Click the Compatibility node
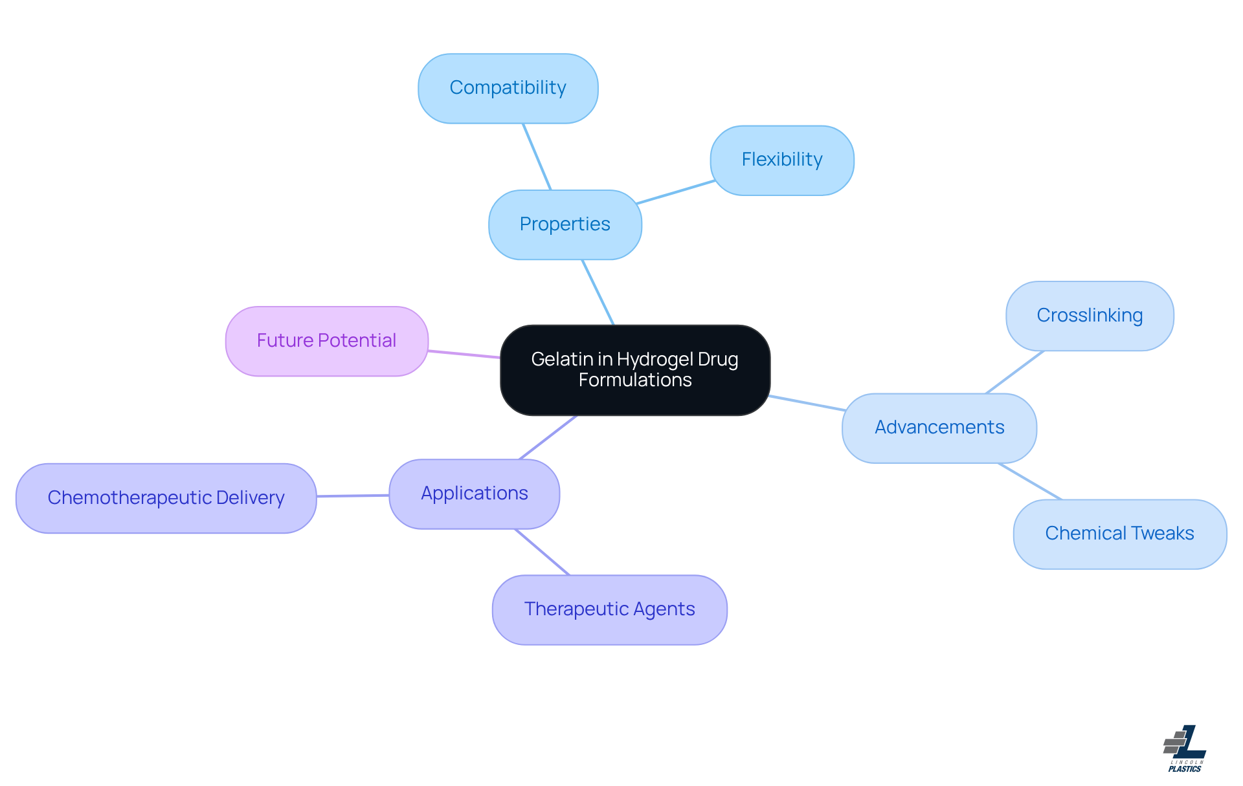tap(508, 89)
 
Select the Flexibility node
tap(782, 160)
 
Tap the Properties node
tap(565, 224)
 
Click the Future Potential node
tap(326, 341)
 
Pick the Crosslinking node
tap(1090, 316)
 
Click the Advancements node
tap(939, 428)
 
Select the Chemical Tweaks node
tap(1119, 534)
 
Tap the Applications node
tap(475, 494)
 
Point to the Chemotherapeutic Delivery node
tap(166, 498)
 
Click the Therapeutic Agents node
tap(609, 609)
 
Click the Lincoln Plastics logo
tap(1185, 748)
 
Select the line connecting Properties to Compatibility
tap(537, 157)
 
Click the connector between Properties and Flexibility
tap(676, 192)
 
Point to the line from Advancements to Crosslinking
tap(1014, 372)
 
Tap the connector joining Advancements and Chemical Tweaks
tap(1029, 481)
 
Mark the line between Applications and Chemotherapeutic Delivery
tap(353, 496)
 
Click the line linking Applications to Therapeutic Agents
tap(542, 552)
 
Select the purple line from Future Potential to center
tap(464, 354)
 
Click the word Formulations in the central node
tap(635, 380)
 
